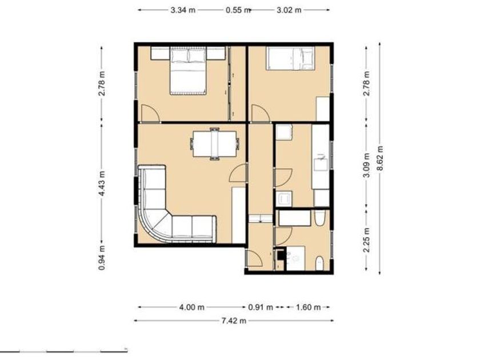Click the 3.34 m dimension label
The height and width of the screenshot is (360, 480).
pos(183,10)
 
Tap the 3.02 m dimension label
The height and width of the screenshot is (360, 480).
pos(289,10)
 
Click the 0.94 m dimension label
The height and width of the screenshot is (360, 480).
pos(102,258)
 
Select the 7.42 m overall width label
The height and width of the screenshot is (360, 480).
pos(234,321)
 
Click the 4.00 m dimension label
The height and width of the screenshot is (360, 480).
pos(191,307)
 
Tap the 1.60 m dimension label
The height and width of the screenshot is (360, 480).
pos(308,307)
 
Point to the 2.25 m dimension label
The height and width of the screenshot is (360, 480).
pos(366,239)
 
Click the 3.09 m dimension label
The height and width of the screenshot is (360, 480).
pos(366,165)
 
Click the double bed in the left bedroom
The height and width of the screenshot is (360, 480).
pos(188,70)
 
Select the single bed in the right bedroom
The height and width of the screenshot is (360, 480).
pos(290,58)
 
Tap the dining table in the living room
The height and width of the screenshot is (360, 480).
pos(215,144)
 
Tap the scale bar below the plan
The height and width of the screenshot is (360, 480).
pos(63,351)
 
